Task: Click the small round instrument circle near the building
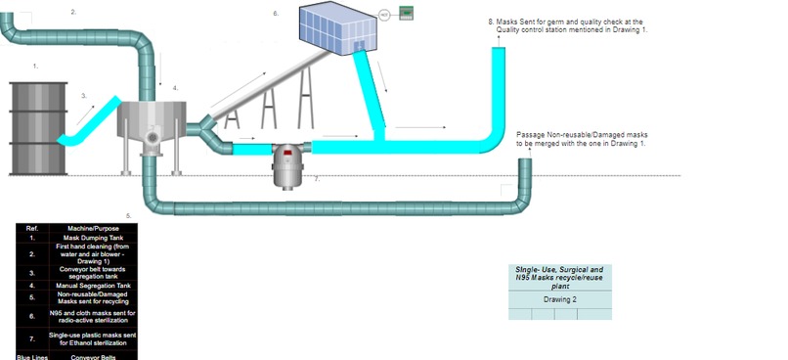385,14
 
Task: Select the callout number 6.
276,14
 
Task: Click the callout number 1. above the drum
35,66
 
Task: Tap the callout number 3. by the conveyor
83,96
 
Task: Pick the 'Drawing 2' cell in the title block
559,299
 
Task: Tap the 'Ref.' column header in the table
31,227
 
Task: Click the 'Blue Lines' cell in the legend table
31,356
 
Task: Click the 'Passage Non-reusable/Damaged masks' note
581,139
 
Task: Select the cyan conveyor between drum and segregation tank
88,121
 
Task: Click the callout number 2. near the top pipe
73,11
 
